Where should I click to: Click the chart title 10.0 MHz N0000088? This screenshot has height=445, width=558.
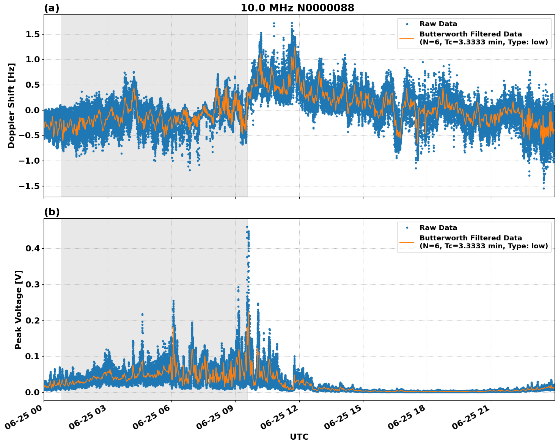tap(297, 8)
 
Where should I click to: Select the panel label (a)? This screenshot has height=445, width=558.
tap(52, 8)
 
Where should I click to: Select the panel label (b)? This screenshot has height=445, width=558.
tap(52, 212)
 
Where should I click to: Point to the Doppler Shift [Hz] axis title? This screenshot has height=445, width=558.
tap(11, 106)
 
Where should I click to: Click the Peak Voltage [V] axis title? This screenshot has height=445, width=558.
tap(19, 309)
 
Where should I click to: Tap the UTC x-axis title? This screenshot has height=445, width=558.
tap(299, 437)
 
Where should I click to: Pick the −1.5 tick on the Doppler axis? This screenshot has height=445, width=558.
tap(29, 186)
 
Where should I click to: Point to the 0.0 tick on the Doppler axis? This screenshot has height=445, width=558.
tap(33, 110)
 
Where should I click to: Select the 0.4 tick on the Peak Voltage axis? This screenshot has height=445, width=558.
tap(33, 249)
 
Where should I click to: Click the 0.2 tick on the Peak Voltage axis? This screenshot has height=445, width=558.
tap(33, 320)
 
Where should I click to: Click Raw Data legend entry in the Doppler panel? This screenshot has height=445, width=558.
tap(438, 24)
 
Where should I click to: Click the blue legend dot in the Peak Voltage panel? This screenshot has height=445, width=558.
tap(407, 228)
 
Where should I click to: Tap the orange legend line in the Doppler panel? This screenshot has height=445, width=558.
tap(407, 38)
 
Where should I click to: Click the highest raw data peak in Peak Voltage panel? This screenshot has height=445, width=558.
tap(247, 227)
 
